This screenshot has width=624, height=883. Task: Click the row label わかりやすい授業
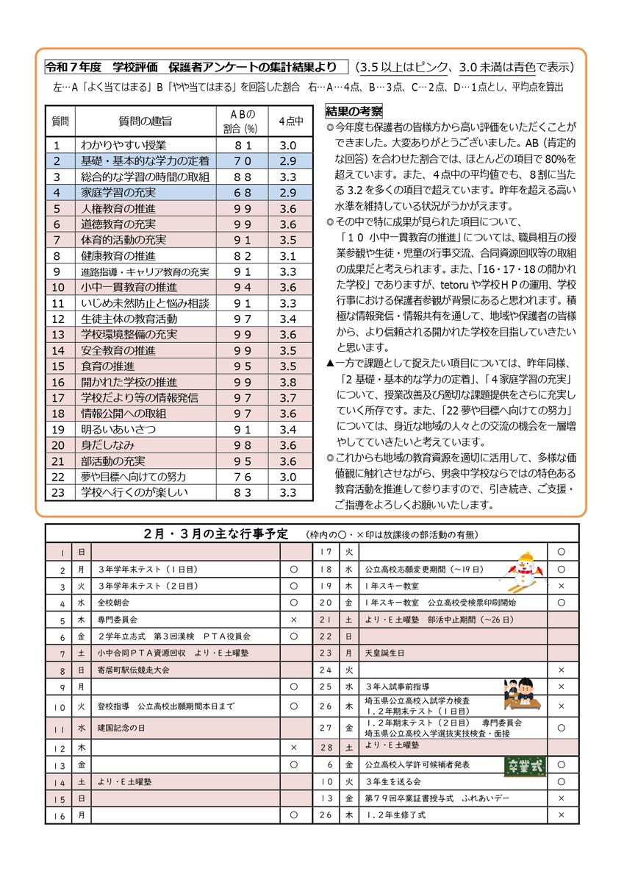click(123, 145)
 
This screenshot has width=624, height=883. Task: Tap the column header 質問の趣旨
click(145, 120)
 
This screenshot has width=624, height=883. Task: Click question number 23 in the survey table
click(60, 492)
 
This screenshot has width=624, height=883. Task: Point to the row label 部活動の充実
click(113, 461)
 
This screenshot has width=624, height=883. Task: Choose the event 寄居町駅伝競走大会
click(133, 670)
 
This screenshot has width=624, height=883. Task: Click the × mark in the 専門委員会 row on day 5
click(294, 620)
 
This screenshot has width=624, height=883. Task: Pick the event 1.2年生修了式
click(395, 815)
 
